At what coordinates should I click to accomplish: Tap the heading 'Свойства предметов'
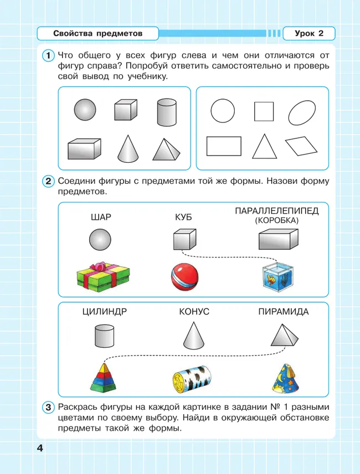coord(97,34)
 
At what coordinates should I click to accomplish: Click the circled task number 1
coord(48,55)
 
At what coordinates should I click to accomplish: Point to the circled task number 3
coord(48,408)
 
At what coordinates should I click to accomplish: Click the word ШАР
coord(101,217)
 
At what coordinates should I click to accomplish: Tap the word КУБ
coord(183,217)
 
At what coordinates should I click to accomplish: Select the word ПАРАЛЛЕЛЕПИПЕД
coord(277,210)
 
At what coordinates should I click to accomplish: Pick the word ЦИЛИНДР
coord(104,312)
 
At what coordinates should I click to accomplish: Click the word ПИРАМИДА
coord(284,312)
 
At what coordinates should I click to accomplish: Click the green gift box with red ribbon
coord(102,273)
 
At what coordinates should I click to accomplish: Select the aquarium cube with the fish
coord(276,276)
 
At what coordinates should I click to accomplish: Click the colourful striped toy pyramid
coord(104,374)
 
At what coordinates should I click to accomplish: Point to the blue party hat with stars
coord(285,377)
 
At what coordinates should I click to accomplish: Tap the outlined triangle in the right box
coord(264,146)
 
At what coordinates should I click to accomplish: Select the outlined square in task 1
coord(264,111)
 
